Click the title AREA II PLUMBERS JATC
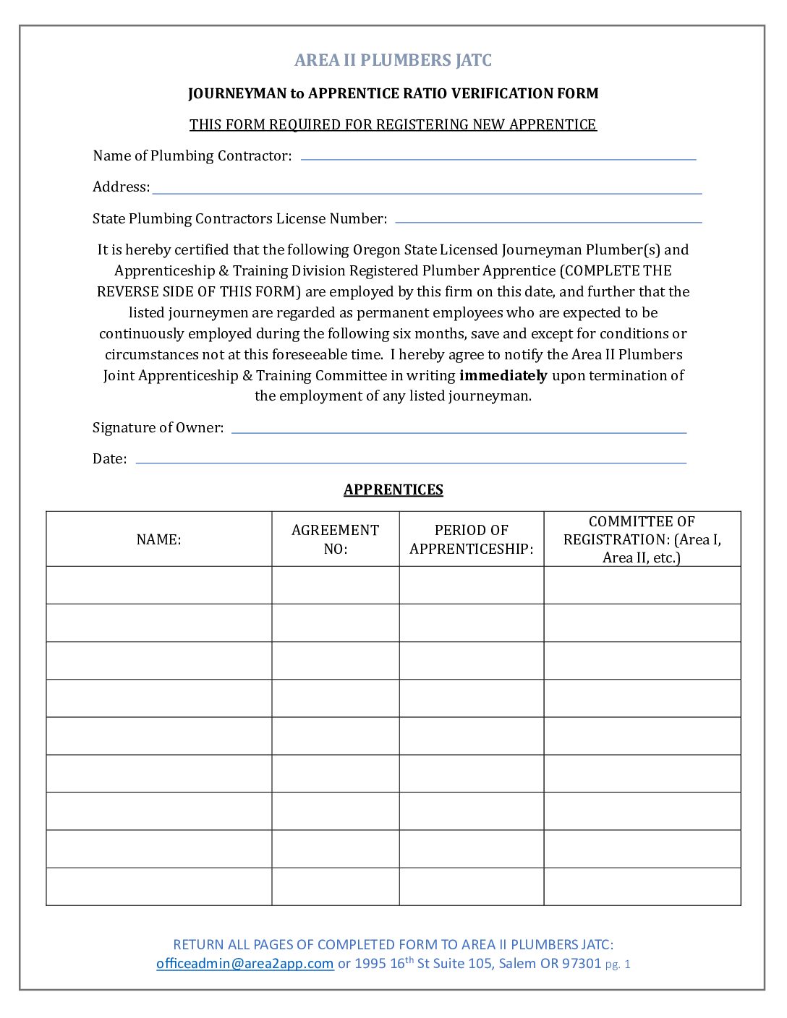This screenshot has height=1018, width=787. click(x=393, y=60)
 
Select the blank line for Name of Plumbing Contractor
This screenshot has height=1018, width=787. click(x=498, y=156)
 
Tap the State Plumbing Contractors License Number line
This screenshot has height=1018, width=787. click(x=548, y=219)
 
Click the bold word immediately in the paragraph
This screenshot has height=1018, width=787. click(x=503, y=375)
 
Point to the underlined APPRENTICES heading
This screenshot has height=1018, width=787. click(x=393, y=489)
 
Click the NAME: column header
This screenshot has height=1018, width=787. click(x=158, y=539)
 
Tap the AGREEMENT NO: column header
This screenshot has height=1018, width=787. click(x=335, y=539)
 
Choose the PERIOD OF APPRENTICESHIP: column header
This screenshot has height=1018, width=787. click(x=471, y=539)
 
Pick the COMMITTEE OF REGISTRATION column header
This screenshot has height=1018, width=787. click(x=642, y=539)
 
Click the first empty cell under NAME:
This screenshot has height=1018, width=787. click(x=158, y=585)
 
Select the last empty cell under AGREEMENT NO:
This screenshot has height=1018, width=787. click(x=335, y=886)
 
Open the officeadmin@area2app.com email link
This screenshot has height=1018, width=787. click(x=244, y=964)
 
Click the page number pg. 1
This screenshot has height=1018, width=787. click(x=618, y=964)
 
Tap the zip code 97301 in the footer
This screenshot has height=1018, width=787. click(x=582, y=964)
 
